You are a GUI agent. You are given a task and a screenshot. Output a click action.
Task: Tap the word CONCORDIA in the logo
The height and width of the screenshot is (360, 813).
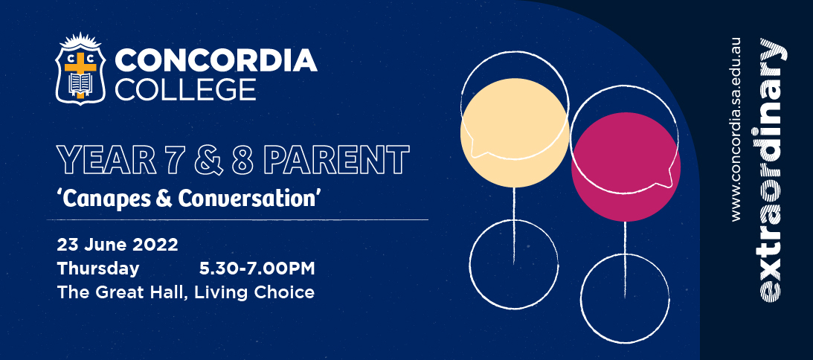click(216, 60)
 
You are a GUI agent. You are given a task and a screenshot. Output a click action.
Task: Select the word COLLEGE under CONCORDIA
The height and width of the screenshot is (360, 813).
click(185, 89)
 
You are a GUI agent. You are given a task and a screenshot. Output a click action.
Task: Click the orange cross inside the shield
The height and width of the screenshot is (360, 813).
click(80, 72)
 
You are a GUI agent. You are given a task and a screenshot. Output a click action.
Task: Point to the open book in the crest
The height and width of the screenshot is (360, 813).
click(80, 83)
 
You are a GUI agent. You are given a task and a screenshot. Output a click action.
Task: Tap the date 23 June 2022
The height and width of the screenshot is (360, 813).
click(118, 244)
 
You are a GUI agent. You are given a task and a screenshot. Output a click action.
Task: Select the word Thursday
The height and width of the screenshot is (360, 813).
click(98, 269)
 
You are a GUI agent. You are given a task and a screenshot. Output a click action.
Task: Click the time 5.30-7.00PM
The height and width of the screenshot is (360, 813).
click(257, 269)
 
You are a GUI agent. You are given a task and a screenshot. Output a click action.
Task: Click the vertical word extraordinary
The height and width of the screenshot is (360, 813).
click(772, 169)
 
